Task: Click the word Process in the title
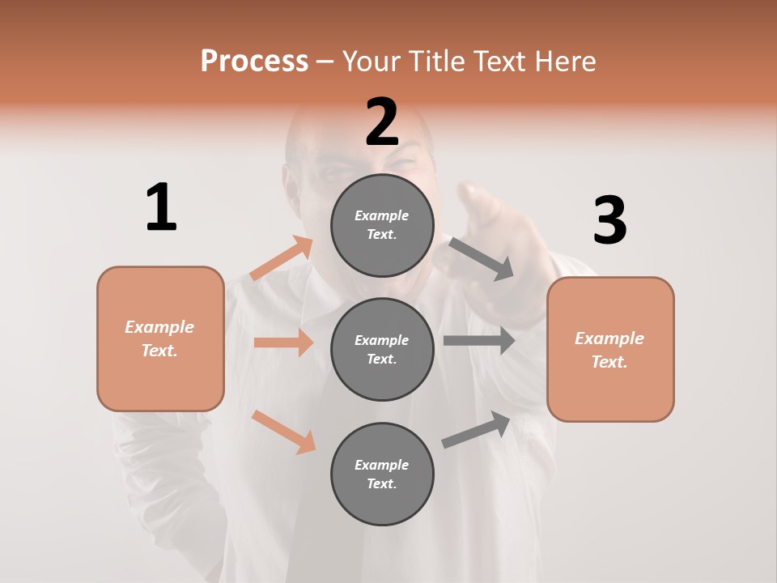[254, 62]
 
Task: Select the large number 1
[161, 208]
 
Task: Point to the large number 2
[382, 122]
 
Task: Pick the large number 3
[609, 221]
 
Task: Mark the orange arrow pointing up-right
[282, 258]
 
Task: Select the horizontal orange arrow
[283, 343]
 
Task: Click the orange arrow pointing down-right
[283, 432]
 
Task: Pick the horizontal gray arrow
[479, 340]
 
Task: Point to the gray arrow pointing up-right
[477, 429]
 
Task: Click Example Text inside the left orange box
[159, 338]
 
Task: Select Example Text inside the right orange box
[609, 350]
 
